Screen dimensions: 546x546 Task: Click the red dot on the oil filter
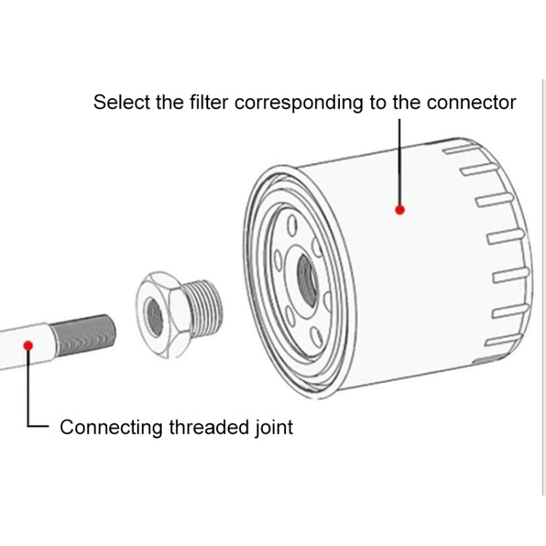pyautogui.click(x=399, y=210)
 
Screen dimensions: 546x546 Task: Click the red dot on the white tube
pyautogui.click(x=28, y=344)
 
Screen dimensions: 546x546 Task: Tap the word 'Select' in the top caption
pyautogui.click(x=122, y=102)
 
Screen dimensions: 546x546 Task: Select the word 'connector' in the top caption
pyautogui.click(x=471, y=102)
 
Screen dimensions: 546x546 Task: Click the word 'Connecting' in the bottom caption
pyautogui.click(x=111, y=427)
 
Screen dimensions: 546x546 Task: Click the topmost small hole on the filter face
pyautogui.click(x=292, y=223)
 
